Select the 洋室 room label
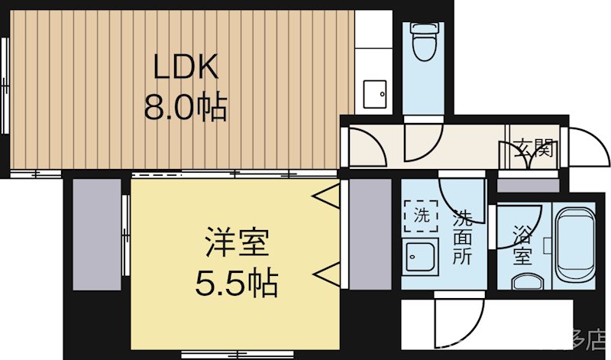(x=236, y=245)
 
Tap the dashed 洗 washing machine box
(x=421, y=215)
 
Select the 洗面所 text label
(x=463, y=237)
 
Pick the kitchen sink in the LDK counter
(x=374, y=96)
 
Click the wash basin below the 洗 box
(x=419, y=255)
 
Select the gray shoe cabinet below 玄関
(x=528, y=184)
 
